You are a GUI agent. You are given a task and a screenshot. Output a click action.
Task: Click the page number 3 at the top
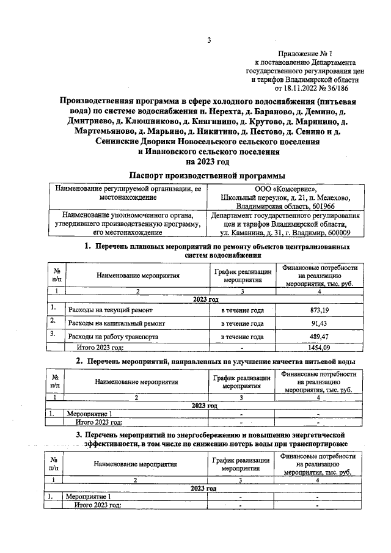pos(209,41)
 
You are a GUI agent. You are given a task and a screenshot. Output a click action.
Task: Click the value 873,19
pos(320,310)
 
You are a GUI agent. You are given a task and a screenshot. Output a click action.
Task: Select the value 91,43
pos(320,323)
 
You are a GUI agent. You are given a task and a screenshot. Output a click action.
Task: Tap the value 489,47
pos(320,337)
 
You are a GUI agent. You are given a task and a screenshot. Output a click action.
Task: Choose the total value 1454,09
pos(320,348)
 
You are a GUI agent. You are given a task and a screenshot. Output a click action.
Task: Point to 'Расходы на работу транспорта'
pos(114,337)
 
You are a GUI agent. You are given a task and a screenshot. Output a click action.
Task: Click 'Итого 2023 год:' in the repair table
pos(100,348)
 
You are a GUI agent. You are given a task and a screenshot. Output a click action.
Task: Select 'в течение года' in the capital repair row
pos(242,323)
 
